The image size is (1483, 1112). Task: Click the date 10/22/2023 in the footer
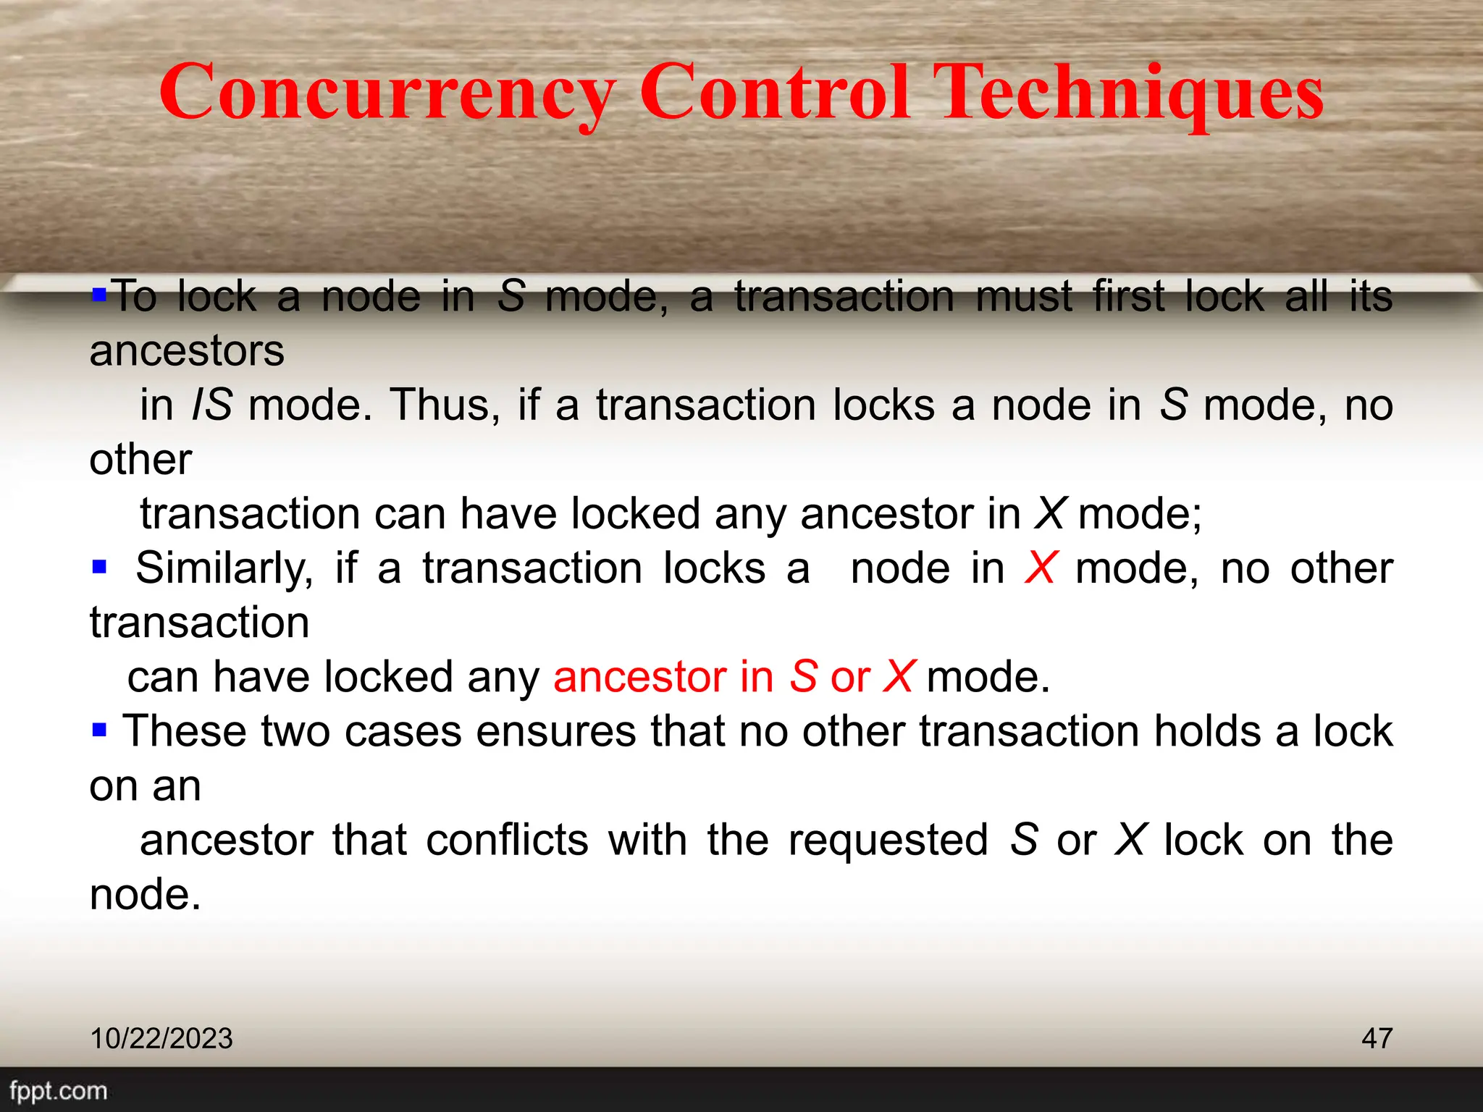[161, 1038]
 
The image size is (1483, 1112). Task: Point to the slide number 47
[1377, 1038]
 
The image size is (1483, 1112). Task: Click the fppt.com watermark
[58, 1090]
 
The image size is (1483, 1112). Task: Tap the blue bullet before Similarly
[99, 565]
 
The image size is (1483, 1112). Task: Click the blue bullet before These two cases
[99, 729]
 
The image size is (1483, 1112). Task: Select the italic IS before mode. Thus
[211, 405]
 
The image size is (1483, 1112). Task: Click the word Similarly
[224, 568]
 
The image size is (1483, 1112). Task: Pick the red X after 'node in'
[1041, 568]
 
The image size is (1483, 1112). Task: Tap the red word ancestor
[639, 677]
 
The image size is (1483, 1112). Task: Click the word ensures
[555, 731]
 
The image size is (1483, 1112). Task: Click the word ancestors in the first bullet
[187, 351]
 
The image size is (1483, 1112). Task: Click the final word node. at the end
[145, 895]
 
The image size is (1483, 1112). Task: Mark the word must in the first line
[1024, 297]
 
